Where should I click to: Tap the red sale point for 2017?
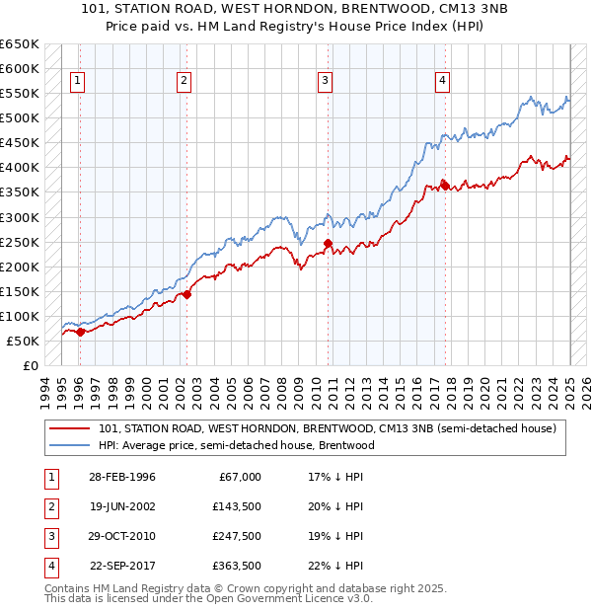(x=445, y=184)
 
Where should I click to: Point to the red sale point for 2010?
(x=329, y=243)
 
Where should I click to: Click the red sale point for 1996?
(x=81, y=332)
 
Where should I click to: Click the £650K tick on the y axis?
(x=20, y=44)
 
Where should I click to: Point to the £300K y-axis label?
(x=20, y=217)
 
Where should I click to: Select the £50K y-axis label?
(x=23, y=341)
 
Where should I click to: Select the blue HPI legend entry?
(x=236, y=445)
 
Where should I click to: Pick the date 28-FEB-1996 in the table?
(x=121, y=477)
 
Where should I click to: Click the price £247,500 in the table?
(x=236, y=536)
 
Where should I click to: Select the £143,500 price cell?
(x=236, y=506)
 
